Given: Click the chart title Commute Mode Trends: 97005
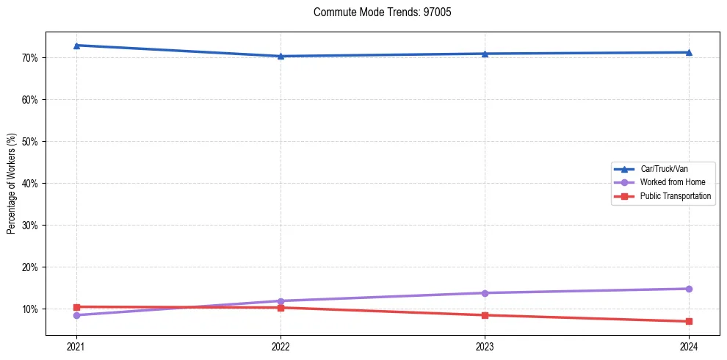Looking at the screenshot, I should [377, 12].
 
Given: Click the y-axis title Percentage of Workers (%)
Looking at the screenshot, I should [12, 184].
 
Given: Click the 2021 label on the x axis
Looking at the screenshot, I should [76, 346].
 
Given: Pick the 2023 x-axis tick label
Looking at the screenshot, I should [485, 346].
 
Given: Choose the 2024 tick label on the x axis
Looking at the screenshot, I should [689, 346].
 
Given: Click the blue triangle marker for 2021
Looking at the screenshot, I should [76, 46].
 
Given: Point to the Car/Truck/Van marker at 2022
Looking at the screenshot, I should [281, 56].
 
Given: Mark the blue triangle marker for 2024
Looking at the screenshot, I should [689, 52].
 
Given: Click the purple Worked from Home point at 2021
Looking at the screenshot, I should [76, 315].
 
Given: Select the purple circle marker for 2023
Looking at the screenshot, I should [485, 293].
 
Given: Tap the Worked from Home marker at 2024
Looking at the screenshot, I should [689, 289].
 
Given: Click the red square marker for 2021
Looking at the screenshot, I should [76, 306].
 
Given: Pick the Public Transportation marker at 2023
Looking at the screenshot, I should [485, 315].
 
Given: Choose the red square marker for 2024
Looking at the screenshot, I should [689, 321].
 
